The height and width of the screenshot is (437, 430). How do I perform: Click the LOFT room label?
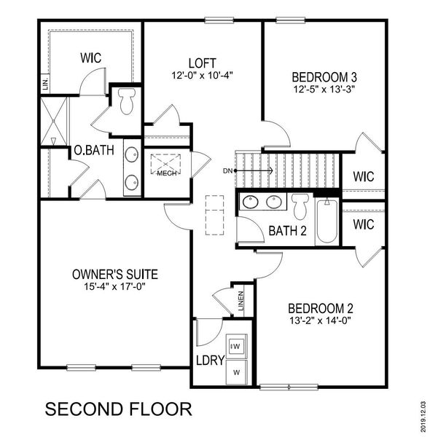tap(201, 62)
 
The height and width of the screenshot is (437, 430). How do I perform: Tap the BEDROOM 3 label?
tap(322, 77)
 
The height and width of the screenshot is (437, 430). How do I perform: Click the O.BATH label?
tap(92, 151)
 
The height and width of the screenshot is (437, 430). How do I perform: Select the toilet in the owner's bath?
tap(126, 101)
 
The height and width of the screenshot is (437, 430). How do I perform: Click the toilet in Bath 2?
tap(300, 205)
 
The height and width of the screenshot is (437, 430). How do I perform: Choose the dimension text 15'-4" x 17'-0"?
tap(115, 287)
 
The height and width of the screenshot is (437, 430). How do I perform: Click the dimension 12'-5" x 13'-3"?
tap(322, 90)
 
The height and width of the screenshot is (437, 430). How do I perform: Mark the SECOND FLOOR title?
tap(119, 408)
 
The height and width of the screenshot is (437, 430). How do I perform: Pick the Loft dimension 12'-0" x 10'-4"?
tap(200, 75)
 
